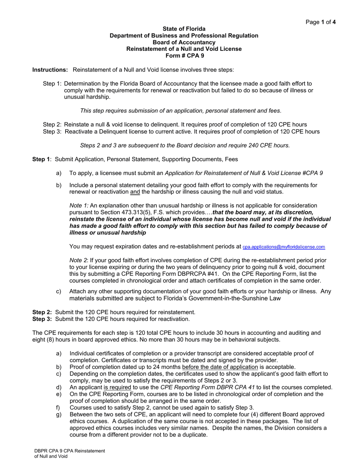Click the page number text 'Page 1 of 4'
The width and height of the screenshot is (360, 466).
[321, 22]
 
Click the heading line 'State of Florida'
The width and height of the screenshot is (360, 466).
[184, 29]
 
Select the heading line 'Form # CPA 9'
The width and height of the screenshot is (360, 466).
[184, 55]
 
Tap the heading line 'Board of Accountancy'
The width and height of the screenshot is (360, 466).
[184, 42]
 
